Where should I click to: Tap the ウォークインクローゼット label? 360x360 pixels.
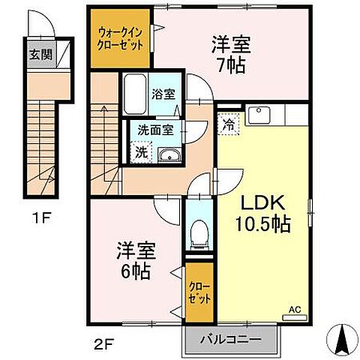[x=121, y=37]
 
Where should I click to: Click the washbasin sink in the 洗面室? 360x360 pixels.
[x=168, y=155]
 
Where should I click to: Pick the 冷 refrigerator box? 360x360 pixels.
[x=228, y=125]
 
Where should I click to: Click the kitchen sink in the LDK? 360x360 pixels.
[x=260, y=115]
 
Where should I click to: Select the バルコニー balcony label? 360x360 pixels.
[x=230, y=338]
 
